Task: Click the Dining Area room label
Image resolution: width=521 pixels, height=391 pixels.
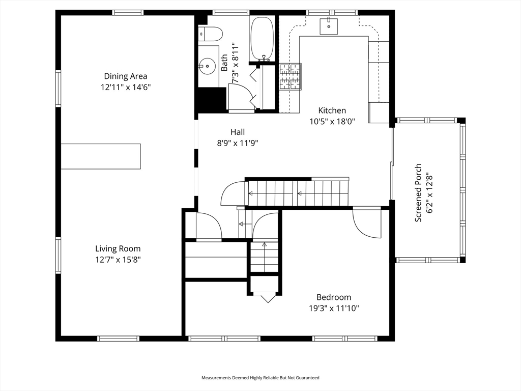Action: [x=126, y=76]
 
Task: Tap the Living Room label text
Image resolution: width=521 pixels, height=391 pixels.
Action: [x=118, y=249]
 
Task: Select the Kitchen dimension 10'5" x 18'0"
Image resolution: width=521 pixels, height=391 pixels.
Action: [x=332, y=122]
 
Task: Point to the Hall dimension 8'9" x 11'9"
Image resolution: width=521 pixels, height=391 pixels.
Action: [x=238, y=143]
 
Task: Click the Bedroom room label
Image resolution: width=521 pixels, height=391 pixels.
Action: [x=334, y=297]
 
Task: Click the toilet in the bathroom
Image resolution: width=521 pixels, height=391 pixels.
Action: [x=211, y=34]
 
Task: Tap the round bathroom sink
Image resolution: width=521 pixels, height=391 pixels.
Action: [x=208, y=65]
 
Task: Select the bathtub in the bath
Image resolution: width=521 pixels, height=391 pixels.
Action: [x=263, y=39]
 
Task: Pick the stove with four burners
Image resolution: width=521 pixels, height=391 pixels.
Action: [x=290, y=77]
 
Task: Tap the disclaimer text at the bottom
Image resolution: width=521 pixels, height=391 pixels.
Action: [x=260, y=378]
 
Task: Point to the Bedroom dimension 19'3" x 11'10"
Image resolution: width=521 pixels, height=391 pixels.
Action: [x=334, y=308]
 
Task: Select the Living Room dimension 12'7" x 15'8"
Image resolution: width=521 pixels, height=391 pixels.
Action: [x=118, y=260]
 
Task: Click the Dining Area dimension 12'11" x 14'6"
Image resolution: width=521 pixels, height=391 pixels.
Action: [x=126, y=87]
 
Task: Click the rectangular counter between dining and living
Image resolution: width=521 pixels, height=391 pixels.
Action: [x=101, y=156]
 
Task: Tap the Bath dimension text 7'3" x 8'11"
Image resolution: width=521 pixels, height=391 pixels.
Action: [x=235, y=63]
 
